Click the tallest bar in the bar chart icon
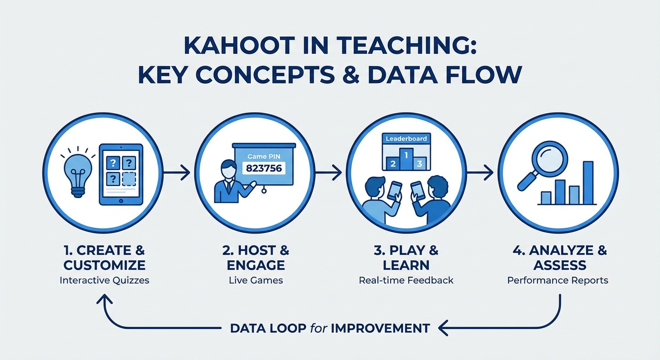click(588, 183)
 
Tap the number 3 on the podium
click(420, 164)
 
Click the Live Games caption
click(256, 280)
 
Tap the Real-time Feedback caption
click(406, 280)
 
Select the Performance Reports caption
click(557, 280)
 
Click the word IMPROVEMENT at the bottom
click(380, 328)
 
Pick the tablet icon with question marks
click(121, 174)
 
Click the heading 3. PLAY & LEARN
click(406, 257)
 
